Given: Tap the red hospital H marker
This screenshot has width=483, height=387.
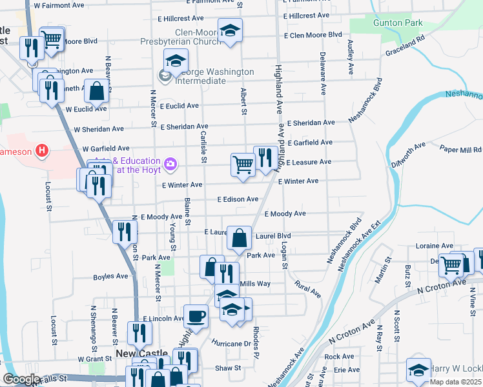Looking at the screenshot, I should pos(42,152).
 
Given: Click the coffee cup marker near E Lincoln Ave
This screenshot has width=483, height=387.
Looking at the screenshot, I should pos(196,316).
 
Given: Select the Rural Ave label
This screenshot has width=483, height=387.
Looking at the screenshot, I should pos(307,288).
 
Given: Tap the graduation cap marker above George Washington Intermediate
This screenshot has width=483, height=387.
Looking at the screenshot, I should pos(175,61).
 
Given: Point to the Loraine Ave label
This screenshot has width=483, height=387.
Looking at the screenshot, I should pos(435,246).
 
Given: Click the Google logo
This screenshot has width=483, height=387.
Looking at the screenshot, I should pos(21,379).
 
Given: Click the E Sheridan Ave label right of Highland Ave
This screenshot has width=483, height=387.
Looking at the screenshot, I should pos(311,123).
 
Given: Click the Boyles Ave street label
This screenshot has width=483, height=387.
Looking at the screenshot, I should pos(110,276).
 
